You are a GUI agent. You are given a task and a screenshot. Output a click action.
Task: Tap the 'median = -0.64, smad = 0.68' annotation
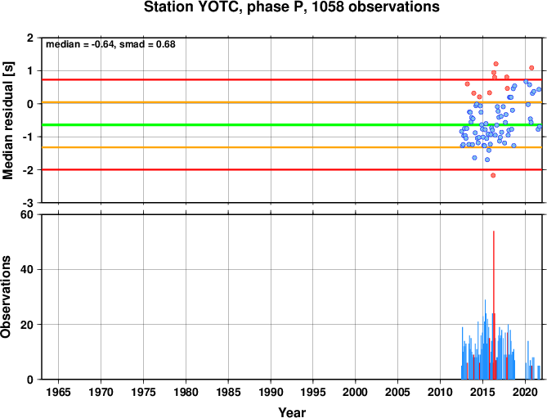(x=110, y=44)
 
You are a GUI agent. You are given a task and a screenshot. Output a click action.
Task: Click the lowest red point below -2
(x=493, y=175)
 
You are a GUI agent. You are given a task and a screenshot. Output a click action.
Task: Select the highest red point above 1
(x=495, y=64)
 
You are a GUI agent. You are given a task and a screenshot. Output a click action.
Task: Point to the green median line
(x=292, y=124)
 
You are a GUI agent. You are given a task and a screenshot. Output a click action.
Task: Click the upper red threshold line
(x=292, y=80)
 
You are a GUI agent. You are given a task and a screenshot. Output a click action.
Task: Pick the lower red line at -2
(x=292, y=169)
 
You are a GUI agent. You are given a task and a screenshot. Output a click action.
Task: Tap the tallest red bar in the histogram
(x=494, y=305)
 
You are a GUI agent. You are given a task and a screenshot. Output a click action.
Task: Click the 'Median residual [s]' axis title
(x=7, y=120)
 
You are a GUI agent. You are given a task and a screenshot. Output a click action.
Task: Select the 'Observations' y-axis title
(x=6, y=297)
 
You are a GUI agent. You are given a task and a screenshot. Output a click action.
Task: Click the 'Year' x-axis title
(x=292, y=412)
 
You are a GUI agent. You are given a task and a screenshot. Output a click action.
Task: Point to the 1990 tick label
(x=271, y=392)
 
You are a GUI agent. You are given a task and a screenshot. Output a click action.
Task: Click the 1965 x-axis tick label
(x=58, y=392)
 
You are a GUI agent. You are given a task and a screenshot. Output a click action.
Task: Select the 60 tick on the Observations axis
(x=26, y=214)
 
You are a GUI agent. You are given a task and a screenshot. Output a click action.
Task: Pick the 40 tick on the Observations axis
(x=26, y=269)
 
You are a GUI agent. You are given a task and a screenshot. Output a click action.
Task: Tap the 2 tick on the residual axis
(x=30, y=38)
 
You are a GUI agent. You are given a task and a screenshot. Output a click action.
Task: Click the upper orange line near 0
(x=292, y=102)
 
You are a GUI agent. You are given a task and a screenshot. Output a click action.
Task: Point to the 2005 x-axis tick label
(x=397, y=392)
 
